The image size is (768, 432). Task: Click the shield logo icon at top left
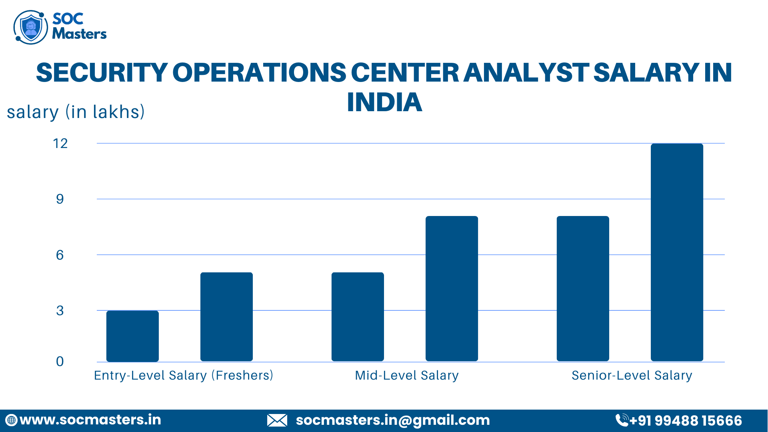30,27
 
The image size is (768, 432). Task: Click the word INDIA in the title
384,102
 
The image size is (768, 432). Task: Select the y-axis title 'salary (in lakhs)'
76,112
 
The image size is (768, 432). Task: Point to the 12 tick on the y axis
60,144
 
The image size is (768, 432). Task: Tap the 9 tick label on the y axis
60,199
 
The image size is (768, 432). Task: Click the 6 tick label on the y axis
60,255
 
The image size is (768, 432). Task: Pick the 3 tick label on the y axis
60,311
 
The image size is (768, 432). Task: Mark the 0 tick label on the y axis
60,362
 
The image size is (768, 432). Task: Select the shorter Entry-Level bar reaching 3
132,336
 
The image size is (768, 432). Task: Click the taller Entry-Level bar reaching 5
226,317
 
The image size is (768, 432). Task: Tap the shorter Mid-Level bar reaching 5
358,317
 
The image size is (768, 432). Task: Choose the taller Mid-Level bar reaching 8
452,289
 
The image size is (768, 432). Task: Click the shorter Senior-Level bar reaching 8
583,289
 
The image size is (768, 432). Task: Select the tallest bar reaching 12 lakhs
677,252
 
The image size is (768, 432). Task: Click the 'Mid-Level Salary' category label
407,376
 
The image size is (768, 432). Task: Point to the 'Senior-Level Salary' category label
632,376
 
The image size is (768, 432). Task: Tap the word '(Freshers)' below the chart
242,376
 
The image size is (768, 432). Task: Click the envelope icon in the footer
277,420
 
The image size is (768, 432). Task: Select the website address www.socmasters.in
90,420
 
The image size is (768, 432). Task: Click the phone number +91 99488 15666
685,421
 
